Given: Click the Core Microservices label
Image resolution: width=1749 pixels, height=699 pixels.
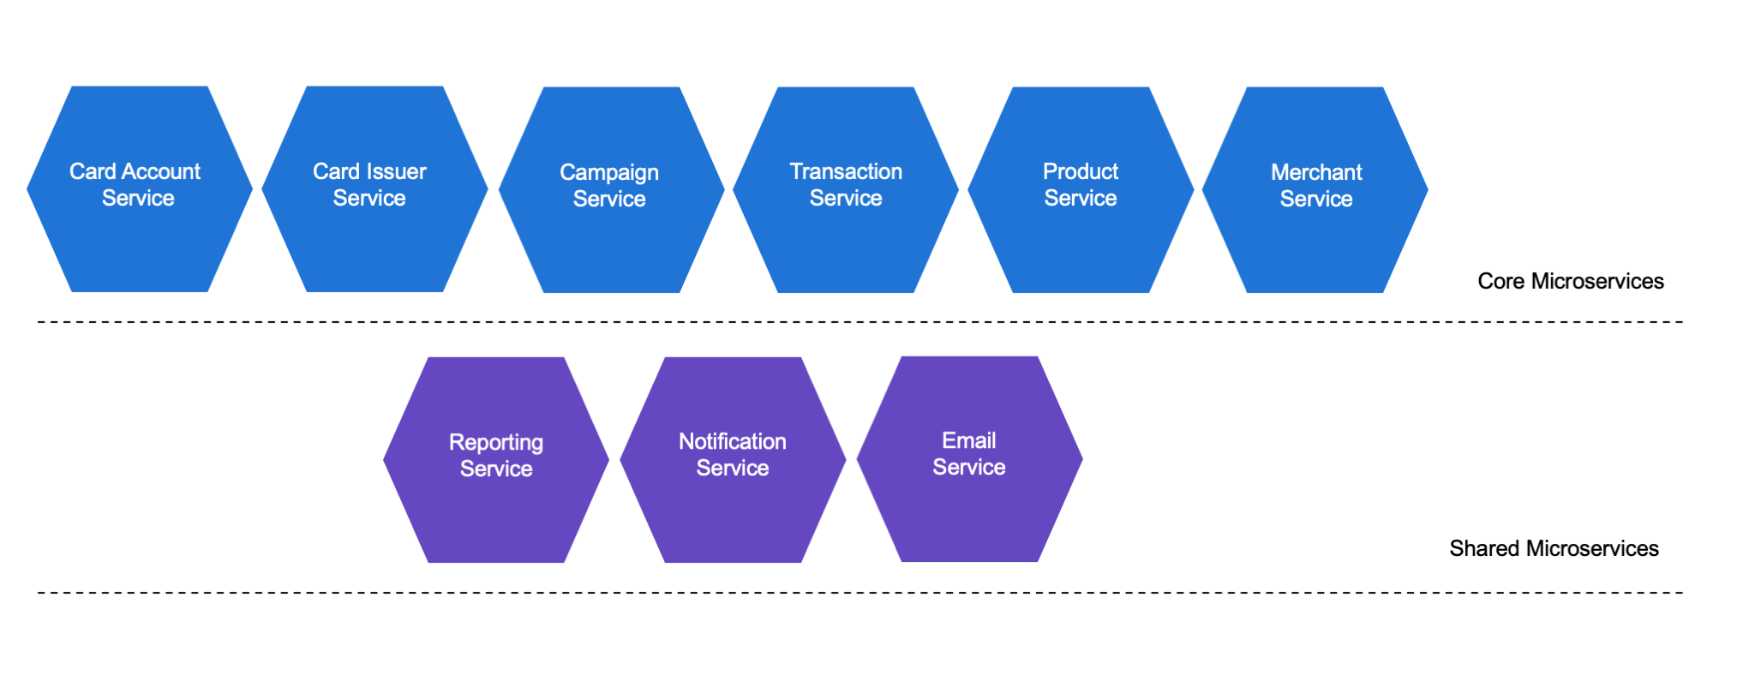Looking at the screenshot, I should point(1570,281).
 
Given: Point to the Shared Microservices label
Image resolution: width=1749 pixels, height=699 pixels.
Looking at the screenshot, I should point(1554,548).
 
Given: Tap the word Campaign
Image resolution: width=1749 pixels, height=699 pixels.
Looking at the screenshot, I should point(609,173).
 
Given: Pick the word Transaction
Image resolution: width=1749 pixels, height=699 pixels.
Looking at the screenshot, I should point(846,171).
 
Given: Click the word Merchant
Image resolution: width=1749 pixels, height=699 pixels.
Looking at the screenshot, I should point(1316,172).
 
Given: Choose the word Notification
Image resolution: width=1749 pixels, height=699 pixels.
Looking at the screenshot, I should point(733,441).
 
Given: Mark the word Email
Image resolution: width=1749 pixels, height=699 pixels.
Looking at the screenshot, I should point(969,440).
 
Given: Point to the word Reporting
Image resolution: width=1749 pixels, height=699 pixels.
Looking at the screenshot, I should point(496,443).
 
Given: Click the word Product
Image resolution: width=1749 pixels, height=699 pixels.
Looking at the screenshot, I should point(1081,171).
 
